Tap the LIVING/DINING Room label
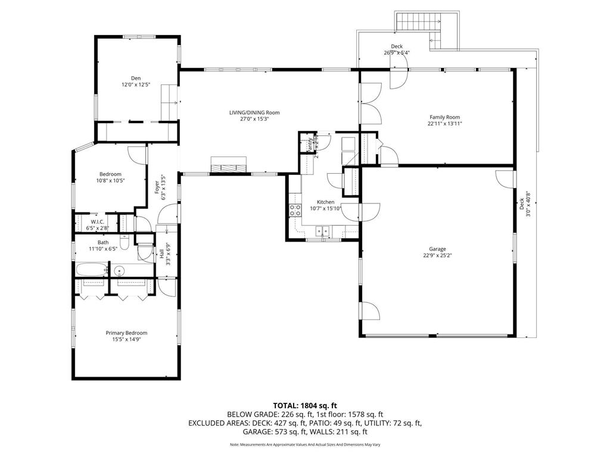[254, 112]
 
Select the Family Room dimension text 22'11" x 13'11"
[444, 124]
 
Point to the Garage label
[438, 249]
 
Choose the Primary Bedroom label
[126, 333]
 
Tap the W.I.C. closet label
[98, 221]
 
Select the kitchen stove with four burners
[295, 209]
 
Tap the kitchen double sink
[323, 229]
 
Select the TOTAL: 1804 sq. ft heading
[304, 405]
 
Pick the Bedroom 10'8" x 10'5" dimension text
[110, 180]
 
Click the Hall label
[161, 253]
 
